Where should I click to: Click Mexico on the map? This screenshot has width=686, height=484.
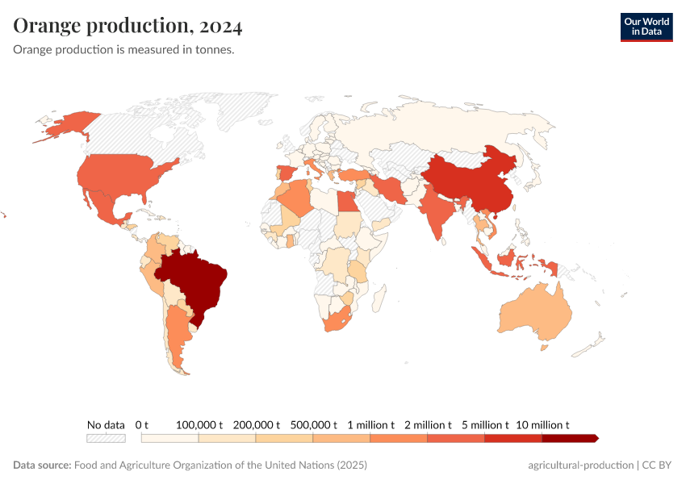coord(105,206)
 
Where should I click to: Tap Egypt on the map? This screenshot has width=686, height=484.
coord(345,201)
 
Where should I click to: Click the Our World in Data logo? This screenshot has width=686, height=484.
coord(646,27)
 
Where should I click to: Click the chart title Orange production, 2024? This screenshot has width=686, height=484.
coord(128,26)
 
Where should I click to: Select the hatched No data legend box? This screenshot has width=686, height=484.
coord(106,438)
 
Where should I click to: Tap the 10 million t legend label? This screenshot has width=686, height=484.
coord(543,424)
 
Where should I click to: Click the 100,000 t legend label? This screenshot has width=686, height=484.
coord(199,424)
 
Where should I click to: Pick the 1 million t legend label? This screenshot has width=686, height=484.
coord(370,424)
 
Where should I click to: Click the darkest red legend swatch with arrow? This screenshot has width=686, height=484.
coord(570,438)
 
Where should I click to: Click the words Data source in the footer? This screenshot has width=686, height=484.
coord(42,465)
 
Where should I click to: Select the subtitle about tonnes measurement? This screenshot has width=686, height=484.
coord(123,50)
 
